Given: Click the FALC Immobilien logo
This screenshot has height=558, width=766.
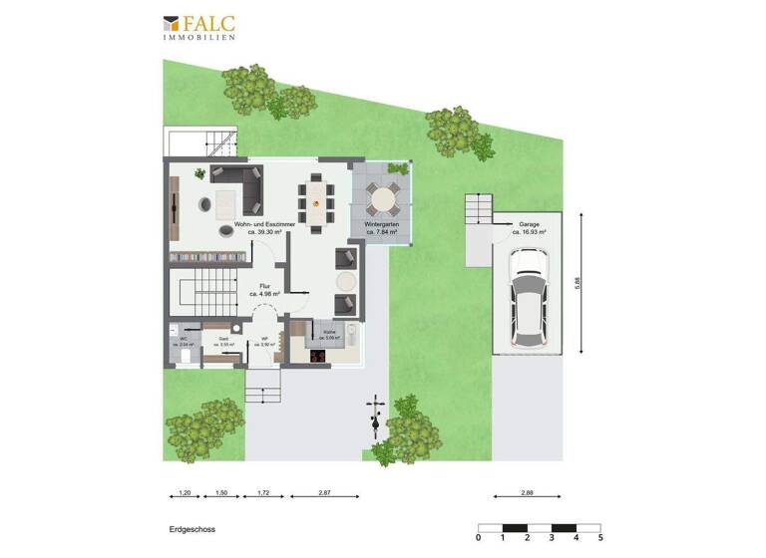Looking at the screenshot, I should [199, 27].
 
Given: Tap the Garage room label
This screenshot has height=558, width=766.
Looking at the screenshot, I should [528, 229].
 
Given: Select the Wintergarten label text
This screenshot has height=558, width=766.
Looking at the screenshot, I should [383, 229].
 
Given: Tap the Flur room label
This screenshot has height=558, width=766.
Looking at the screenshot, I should [265, 289].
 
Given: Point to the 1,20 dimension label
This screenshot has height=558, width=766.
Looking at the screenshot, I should [184, 493].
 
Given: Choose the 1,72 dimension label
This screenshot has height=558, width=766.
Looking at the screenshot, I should [263, 493].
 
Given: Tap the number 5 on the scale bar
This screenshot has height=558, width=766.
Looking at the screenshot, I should [599, 538].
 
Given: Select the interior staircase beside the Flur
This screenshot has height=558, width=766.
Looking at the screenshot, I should [203, 291].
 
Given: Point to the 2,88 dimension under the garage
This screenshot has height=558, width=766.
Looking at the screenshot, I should [528, 493].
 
